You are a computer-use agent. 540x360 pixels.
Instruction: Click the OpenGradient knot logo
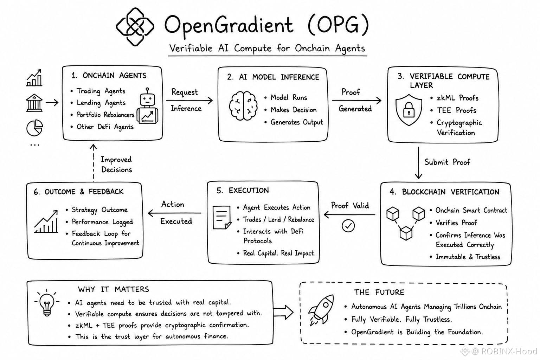coord(135,26)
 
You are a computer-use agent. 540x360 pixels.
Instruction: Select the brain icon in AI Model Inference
coord(243,105)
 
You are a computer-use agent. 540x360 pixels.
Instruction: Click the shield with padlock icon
coord(409,110)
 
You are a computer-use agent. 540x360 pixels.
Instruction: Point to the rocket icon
coord(321,310)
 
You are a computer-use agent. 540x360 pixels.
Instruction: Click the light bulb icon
coord(47,303)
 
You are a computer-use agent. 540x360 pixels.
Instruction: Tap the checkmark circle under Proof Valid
coord(348,226)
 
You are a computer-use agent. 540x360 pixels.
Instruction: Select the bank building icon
coord(34,103)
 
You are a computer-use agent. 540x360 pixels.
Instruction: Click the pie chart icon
coord(34,128)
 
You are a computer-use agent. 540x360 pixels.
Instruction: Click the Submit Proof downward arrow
coord(418,163)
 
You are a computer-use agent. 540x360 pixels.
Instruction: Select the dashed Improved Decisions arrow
coord(93,163)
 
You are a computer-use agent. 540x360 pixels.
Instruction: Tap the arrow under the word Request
coord(189,100)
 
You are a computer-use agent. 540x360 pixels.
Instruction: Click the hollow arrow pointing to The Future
coord(283,312)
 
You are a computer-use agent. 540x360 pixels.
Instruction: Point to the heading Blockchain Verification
coord(444,192)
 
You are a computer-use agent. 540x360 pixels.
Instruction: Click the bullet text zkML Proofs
coord(457,98)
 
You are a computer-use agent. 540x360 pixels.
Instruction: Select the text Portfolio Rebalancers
coord(105,115)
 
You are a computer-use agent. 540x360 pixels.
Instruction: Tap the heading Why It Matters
coord(114,289)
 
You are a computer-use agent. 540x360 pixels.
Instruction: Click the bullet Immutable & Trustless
coord(468,257)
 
